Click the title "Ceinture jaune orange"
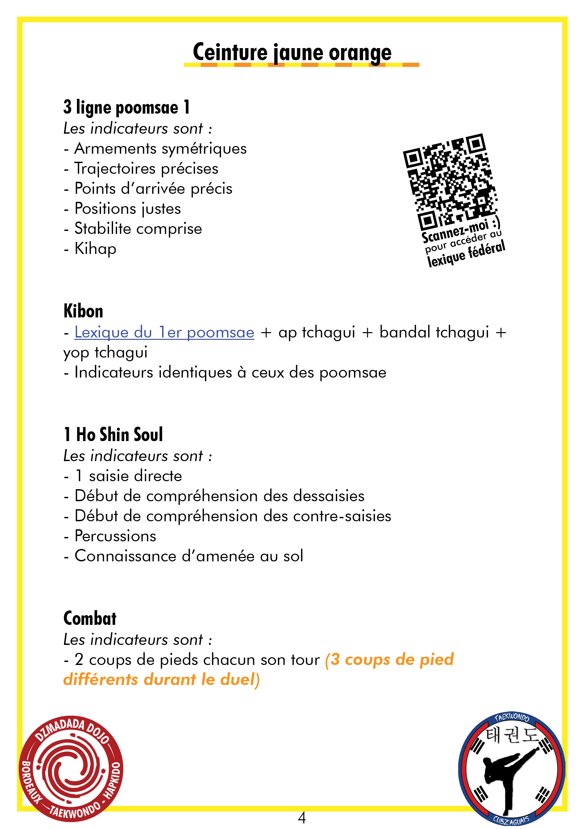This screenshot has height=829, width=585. pos(292,52)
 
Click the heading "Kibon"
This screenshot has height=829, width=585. pos(83,311)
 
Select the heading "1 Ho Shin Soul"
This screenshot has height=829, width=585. pos(113,434)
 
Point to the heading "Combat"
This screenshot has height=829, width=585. pos(90,618)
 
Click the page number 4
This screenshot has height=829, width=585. pos(302,817)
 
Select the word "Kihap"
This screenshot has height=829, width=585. pos(95,249)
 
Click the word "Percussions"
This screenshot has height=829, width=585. pos(115,536)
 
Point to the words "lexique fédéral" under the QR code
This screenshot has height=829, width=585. pos(466,254)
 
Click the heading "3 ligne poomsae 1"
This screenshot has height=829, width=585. pos(126,108)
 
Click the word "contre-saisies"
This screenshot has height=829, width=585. pos(342,516)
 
